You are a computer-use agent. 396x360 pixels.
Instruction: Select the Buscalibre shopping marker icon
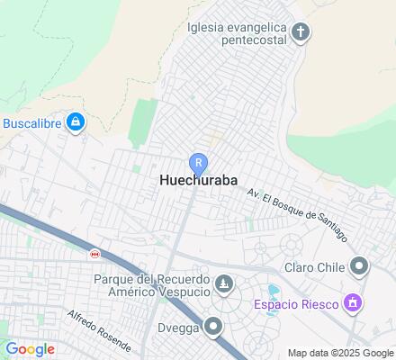75,121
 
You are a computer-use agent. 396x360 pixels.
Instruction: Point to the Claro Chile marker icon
359,265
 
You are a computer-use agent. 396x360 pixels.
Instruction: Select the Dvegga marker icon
213,327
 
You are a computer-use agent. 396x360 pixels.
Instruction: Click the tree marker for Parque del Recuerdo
224,285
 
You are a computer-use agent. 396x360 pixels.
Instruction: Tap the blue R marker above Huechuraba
198,163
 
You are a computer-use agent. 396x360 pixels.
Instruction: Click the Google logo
30,349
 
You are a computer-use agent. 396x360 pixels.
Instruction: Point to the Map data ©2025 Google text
339,353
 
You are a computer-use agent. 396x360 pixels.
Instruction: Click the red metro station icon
94,255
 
